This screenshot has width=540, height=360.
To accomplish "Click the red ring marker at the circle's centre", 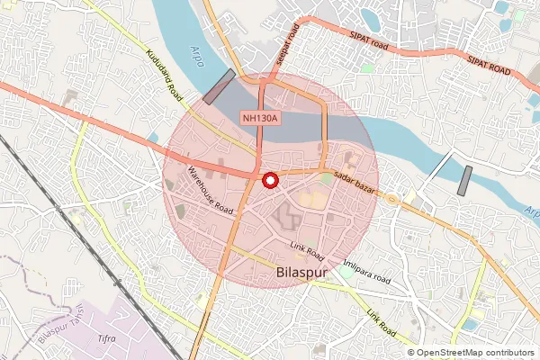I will click(x=269, y=180).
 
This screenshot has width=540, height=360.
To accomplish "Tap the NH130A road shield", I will click(x=260, y=118).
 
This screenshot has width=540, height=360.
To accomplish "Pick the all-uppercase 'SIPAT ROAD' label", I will click(x=489, y=66).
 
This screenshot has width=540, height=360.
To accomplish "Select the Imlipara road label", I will click(x=367, y=271).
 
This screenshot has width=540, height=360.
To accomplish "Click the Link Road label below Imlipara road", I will click(x=381, y=324).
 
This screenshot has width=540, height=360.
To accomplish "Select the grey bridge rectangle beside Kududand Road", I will click(x=219, y=86).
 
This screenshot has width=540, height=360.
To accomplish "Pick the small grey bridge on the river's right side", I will click(x=464, y=180).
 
